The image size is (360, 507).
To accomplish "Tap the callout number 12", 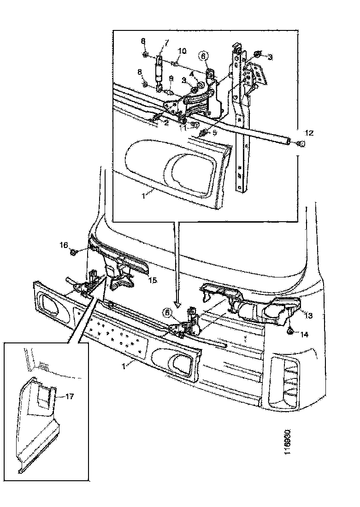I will (309, 133).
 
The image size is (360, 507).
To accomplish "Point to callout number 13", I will (308, 315).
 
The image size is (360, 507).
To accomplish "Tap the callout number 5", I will (214, 132).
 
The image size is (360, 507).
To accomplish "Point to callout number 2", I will (166, 123).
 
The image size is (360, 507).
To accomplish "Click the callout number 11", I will (183, 129).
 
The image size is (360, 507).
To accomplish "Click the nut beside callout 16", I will (74, 252).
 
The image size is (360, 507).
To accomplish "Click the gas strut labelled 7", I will (159, 71).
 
